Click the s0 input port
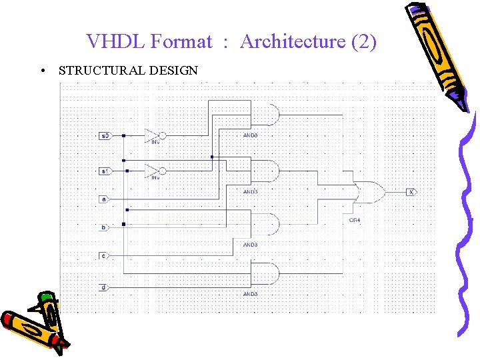pyautogui.click(x=104, y=136)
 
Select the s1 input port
pyautogui.click(x=104, y=171)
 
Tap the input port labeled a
pyautogui.click(x=103, y=199)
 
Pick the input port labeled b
pyautogui.click(x=103, y=227)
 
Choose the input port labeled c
pyautogui.click(x=103, y=255)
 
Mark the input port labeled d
pyautogui.click(x=103, y=287)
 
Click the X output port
pyautogui.click(x=411, y=192)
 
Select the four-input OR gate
pyautogui.click(x=368, y=192)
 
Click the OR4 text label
pyautogui.click(x=355, y=219)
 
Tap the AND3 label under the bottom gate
pyautogui.click(x=250, y=294)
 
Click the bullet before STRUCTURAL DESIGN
pyautogui.click(x=42, y=70)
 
